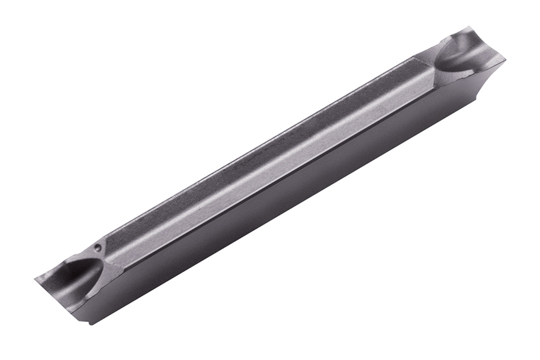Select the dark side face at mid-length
click(x=286, y=203)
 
